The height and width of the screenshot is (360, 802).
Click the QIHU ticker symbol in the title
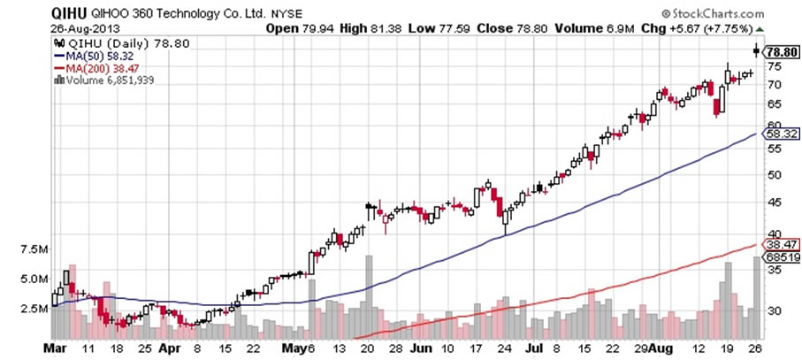[x=64, y=14]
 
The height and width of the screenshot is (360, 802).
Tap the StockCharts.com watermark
[x=722, y=14]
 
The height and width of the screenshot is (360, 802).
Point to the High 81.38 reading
[x=364, y=27]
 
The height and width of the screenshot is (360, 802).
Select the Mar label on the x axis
[x=56, y=349]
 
